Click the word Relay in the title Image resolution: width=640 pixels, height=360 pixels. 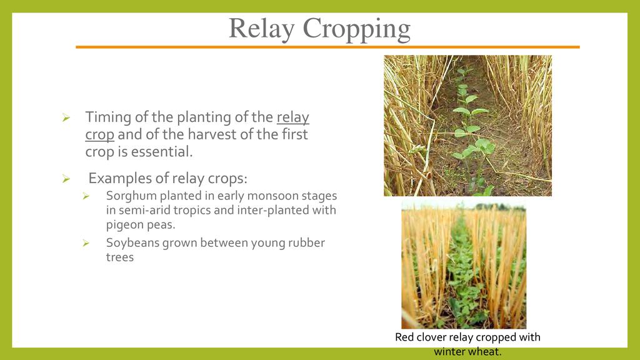point(261,29)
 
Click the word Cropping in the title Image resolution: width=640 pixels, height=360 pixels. point(356,30)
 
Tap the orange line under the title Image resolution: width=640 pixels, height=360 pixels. point(327,47)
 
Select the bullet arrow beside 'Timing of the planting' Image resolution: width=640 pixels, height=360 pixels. point(66,118)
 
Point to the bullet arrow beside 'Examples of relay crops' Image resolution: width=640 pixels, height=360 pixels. point(66,179)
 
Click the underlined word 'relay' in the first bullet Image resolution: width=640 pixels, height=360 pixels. point(292,117)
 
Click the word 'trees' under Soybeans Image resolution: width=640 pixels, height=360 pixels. point(120,257)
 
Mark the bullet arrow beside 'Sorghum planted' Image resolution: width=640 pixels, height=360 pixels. point(86,196)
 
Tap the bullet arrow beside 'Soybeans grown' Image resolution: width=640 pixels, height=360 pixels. point(86,243)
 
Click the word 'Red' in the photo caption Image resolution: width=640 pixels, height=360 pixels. point(404,337)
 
